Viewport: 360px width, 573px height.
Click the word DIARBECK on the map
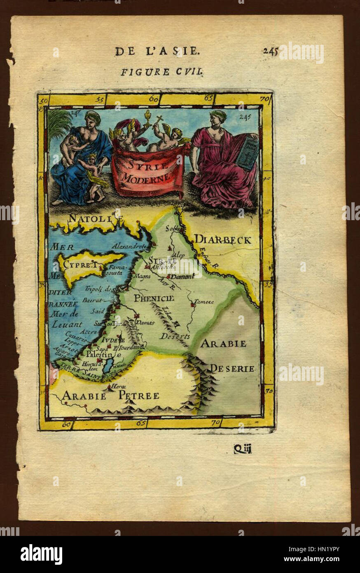tap(222, 240)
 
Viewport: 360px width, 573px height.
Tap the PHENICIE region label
tap(154, 298)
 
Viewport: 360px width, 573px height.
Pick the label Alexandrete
tap(129, 246)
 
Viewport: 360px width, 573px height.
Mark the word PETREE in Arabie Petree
tap(139, 396)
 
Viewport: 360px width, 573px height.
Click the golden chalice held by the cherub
tap(147, 117)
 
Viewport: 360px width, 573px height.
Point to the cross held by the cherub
tap(159, 120)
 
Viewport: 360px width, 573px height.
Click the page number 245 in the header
tap(271, 51)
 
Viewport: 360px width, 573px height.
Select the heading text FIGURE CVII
tap(161, 72)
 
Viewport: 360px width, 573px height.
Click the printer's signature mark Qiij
tap(242, 449)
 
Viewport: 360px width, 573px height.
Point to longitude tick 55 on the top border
tap(99, 99)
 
